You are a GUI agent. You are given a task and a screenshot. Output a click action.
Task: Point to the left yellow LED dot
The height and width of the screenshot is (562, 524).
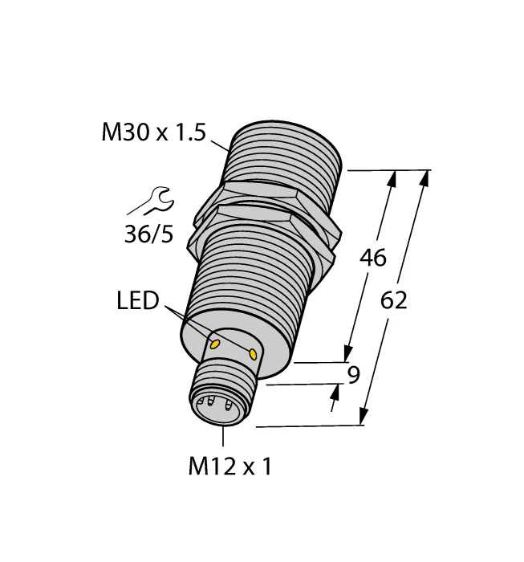tap(215, 344)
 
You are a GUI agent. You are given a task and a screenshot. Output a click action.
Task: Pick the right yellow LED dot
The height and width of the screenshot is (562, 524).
tap(254, 353)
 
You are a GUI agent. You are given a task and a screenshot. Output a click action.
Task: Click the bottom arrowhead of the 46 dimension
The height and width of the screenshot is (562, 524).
tap(348, 354)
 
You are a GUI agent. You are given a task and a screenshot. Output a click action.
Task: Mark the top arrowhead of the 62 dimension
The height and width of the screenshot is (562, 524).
tap(424, 178)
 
